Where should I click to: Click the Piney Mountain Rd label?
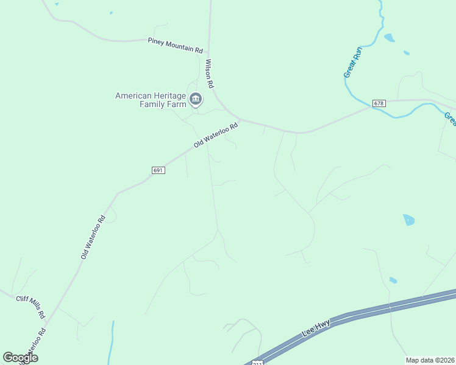click(175, 45)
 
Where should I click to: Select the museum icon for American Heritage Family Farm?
click(196, 99)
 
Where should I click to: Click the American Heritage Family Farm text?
click(151, 100)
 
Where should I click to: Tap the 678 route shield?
click(379, 103)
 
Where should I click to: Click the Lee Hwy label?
click(316, 330)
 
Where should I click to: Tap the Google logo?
click(20, 357)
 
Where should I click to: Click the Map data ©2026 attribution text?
click(430, 360)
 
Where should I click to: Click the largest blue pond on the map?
click(408, 220)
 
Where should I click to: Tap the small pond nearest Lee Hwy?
click(393, 280)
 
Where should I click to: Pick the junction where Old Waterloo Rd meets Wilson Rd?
click(240, 120)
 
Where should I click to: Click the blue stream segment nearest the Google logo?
click(112, 341)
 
